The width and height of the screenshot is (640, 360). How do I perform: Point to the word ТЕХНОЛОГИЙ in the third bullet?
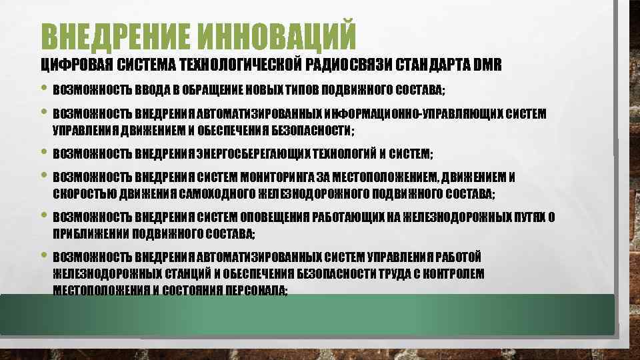(339, 155)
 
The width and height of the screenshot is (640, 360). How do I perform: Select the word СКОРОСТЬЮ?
(79, 194)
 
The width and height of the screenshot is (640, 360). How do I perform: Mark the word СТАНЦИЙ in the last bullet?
(179, 274)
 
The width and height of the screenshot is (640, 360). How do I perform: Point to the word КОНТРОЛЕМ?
(452, 274)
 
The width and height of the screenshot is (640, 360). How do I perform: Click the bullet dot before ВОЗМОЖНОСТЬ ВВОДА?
(44, 88)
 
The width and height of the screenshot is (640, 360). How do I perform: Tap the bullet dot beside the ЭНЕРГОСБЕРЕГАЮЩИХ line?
(44, 153)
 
